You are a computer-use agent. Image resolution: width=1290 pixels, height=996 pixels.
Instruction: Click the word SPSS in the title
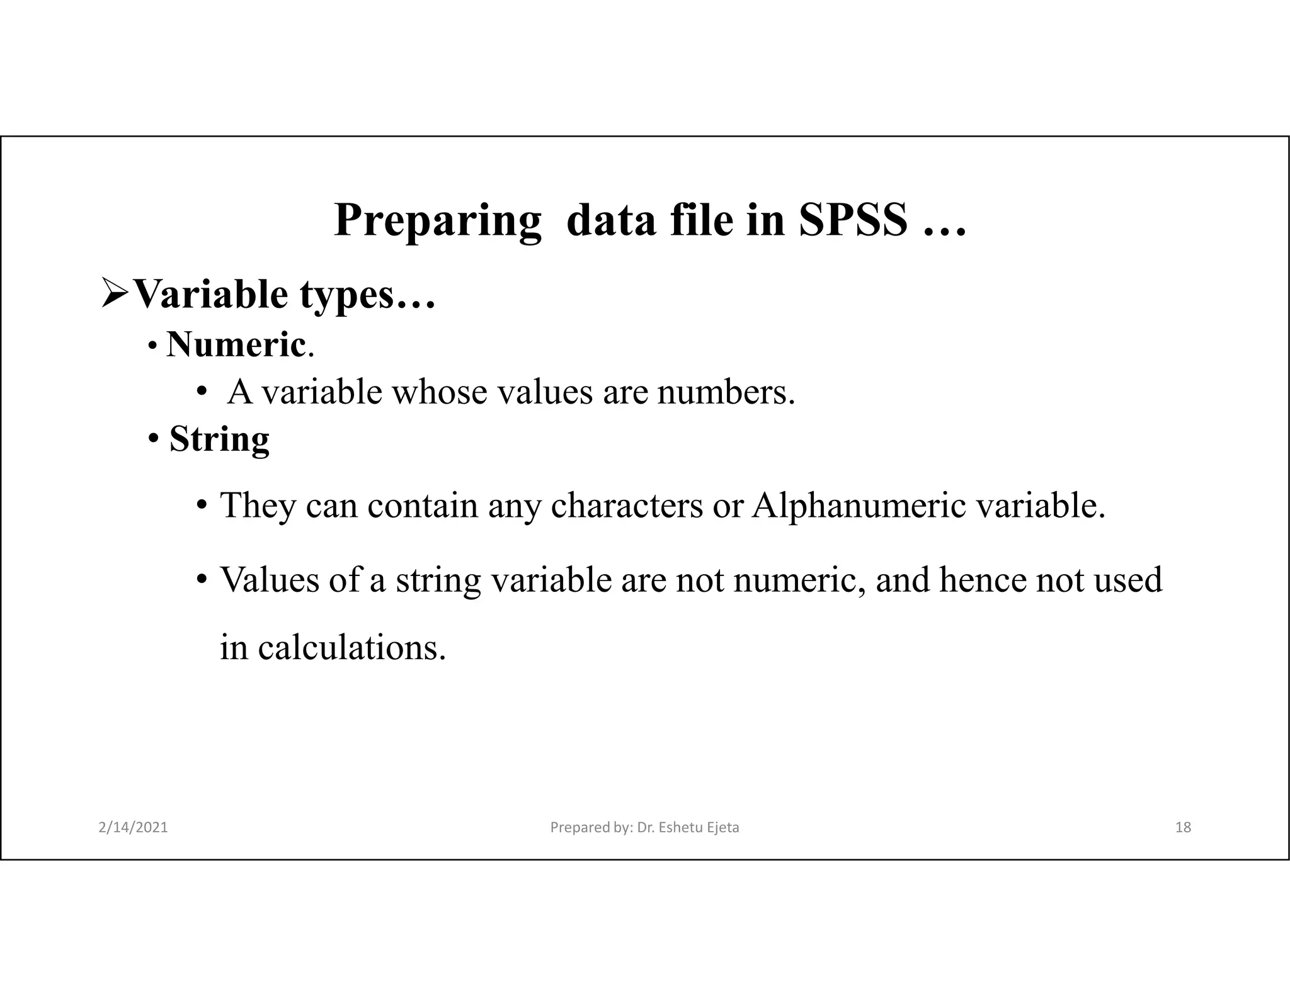(x=853, y=220)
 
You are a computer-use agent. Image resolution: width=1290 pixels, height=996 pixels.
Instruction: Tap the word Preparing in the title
(x=437, y=220)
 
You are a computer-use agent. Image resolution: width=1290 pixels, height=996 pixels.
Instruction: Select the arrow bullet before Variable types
(x=115, y=295)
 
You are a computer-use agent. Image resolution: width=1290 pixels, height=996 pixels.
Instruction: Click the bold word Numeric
(x=236, y=344)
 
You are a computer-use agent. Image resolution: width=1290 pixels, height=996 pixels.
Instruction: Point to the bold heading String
(x=219, y=439)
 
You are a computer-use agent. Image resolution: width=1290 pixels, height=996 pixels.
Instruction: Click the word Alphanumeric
(x=859, y=505)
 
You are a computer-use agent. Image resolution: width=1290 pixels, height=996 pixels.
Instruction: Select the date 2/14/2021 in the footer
(x=134, y=827)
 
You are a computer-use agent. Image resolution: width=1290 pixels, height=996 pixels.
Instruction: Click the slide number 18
(x=1183, y=827)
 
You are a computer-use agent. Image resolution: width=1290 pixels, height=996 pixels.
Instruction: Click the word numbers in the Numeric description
(x=726, y=392)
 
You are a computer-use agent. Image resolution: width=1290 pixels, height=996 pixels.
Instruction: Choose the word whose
(x=439, y=392)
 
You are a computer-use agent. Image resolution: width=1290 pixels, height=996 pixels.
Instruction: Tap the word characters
(x=627, y=505)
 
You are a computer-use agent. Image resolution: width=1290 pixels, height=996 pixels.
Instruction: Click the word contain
(x=423, y=505)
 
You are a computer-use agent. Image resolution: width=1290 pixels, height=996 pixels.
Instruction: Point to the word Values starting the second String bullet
(x=270, y=580)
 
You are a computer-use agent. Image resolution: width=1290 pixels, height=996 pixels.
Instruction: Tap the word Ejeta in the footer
(x=722, y=827)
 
